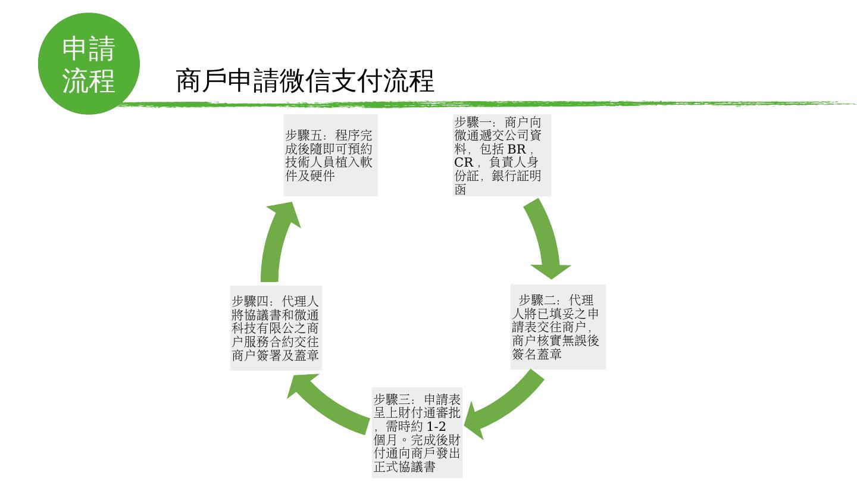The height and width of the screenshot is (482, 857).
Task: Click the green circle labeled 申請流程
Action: pos(89,64)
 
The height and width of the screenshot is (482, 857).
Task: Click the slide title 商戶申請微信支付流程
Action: pos(305,81)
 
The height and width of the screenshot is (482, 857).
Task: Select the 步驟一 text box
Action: pos(501,155)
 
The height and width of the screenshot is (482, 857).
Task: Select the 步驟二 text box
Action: pos(558,327)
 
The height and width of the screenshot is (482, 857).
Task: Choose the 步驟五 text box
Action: pos(330,155)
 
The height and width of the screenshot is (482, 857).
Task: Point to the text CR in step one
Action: pos(464,162)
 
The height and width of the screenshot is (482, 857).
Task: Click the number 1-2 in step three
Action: pos(437,427)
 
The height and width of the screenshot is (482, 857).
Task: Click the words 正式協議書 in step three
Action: pos(404,467)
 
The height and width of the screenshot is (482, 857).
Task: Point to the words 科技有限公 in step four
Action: pos(262,328)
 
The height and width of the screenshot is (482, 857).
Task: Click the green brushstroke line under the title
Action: pos(476,104)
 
